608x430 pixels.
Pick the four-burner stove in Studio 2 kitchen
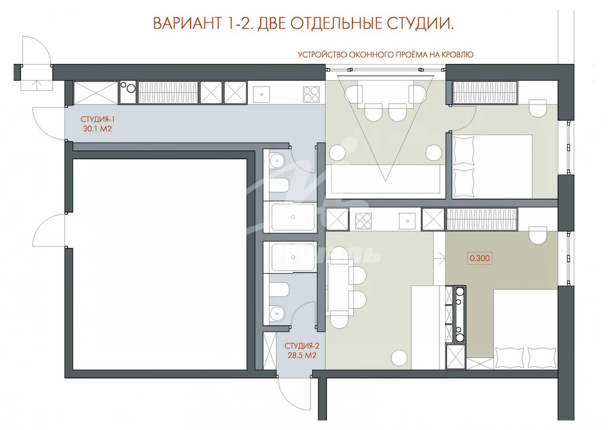pyautogui.click(x=363, y=220)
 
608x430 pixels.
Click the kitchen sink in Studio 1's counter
pyautogui.click(x=260, y=93)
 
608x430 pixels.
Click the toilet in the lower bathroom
pyautogui.click(x=279, y=290)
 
